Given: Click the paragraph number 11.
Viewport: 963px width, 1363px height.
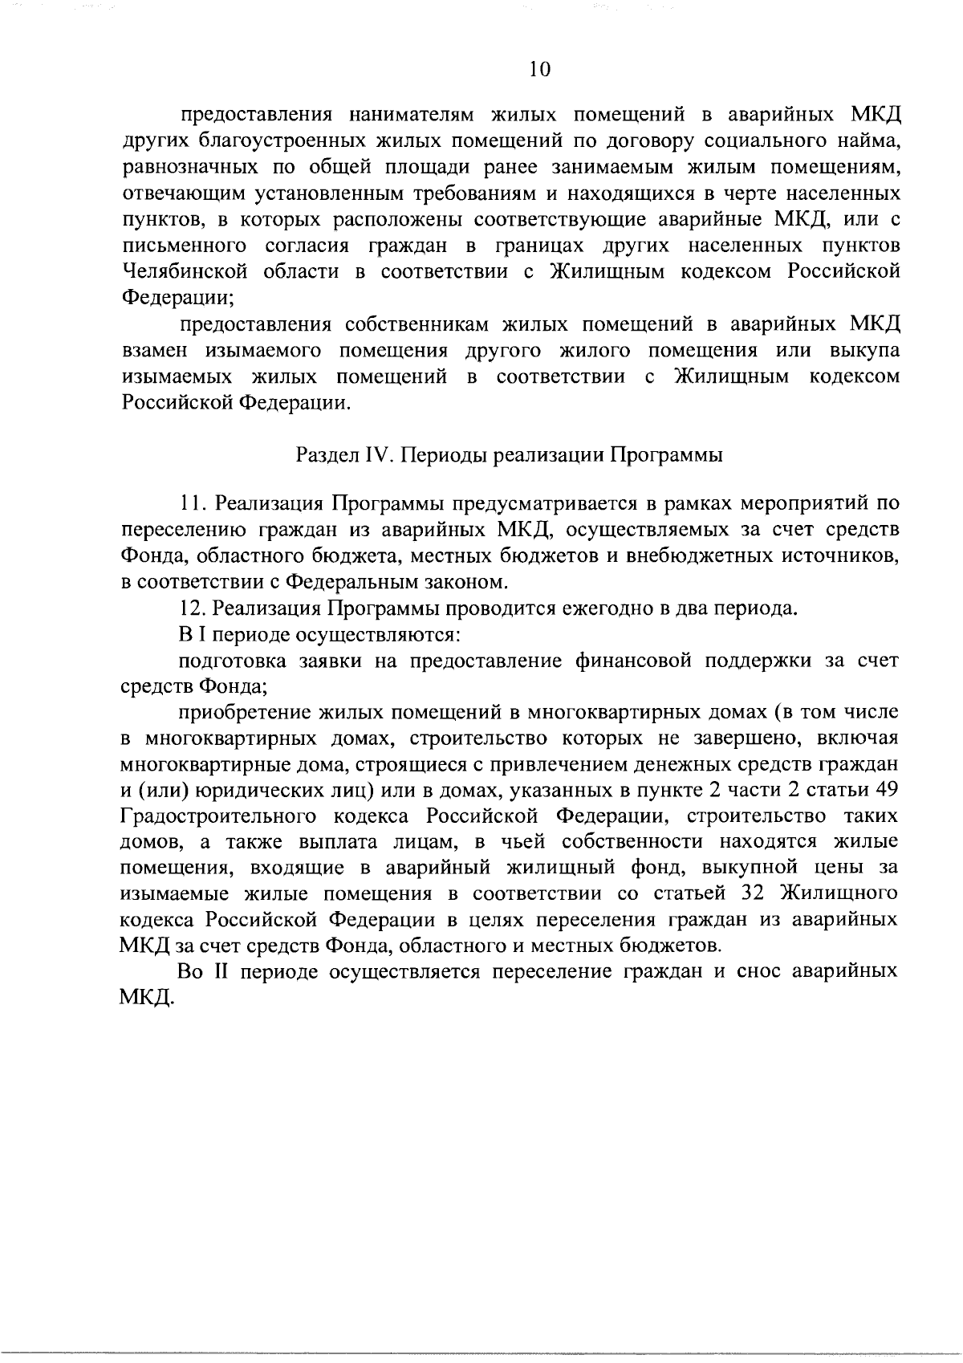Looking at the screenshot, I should [192, 503].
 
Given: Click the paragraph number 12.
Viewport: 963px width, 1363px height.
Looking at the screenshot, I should [193, 608].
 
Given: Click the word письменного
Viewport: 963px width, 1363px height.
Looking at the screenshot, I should [183, 246].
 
